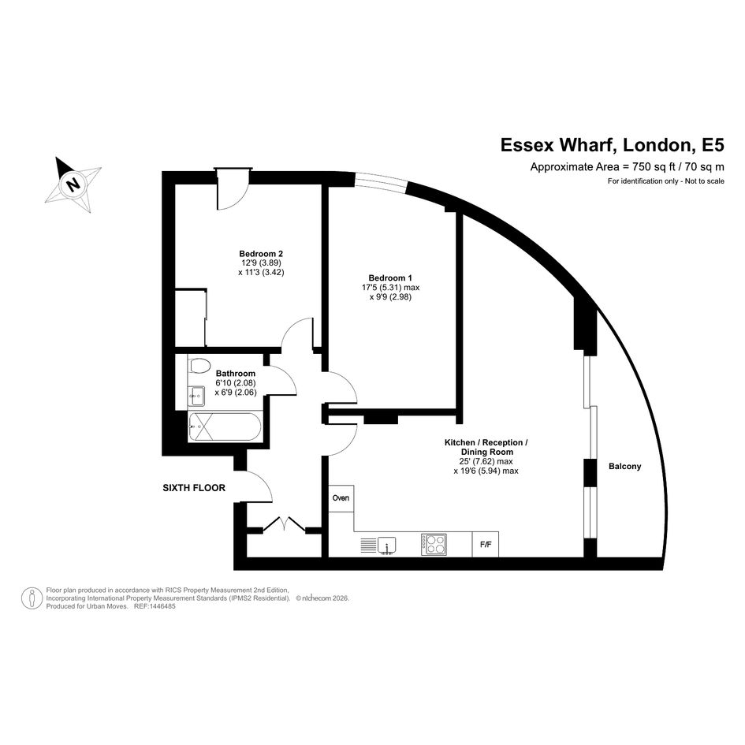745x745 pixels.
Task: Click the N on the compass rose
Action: coord(73,184)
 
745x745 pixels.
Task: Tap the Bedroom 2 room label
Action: coord(261,254)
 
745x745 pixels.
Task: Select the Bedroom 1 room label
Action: coord(390,278)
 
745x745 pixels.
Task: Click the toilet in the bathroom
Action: coord(199,366)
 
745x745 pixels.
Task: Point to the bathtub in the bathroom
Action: coord(223,427)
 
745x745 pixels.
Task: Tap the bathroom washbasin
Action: coord(197,395)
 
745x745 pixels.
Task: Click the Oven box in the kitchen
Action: coord(341,498)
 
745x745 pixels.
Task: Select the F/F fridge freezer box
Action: coord(486,545)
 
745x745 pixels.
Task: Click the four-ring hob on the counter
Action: coord(434,545)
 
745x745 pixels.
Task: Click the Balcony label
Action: coord(625,467)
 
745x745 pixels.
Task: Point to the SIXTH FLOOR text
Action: coord(194,488)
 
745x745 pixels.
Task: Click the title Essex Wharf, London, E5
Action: coord(613,145)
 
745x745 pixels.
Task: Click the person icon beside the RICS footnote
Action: coord(32,598)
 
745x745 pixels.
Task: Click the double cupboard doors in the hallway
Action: coord(284,523)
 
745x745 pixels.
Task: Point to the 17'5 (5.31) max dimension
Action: coord(390,288)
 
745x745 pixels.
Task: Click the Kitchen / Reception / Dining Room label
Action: coord(486,447)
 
